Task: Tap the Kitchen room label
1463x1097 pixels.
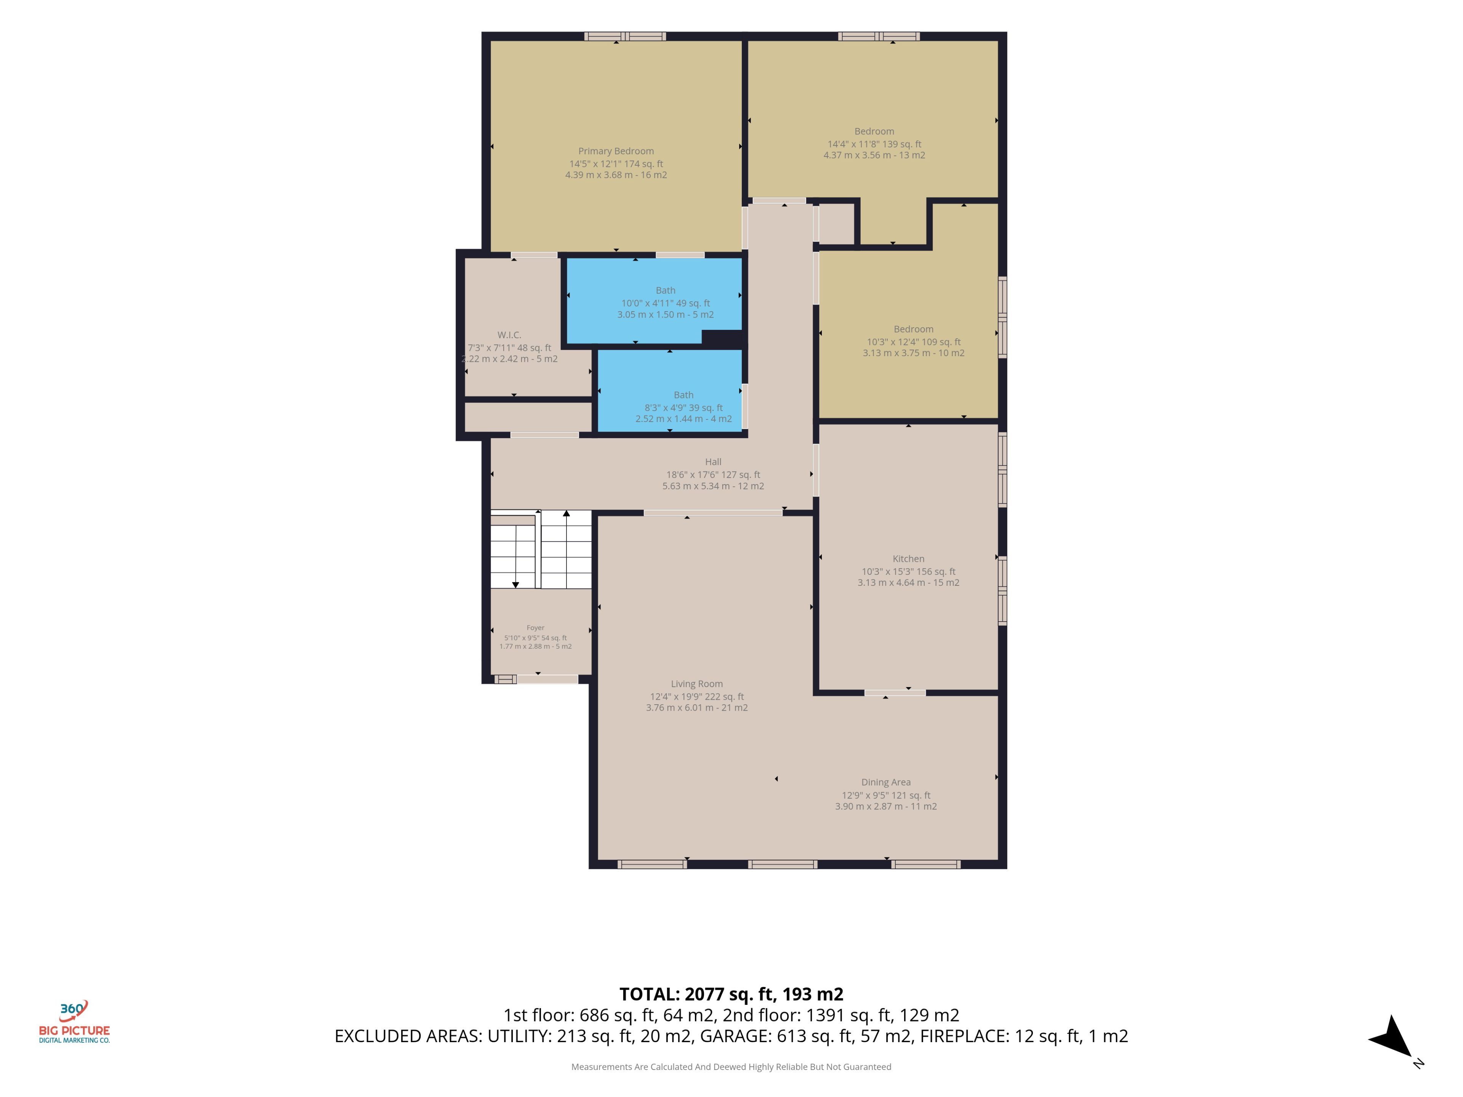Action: click(x=908, y=559)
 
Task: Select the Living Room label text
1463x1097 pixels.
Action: click(x=696, y=684)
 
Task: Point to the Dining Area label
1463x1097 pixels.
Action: click(x=885, y=782)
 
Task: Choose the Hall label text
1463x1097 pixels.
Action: click(x=713, y=462)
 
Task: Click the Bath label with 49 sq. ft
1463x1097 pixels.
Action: click(x=665, y=290)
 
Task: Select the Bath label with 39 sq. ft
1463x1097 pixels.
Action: click(x=683, y=395)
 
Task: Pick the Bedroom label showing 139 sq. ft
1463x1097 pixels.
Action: click(x=874, y=131)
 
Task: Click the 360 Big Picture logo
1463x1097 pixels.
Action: click(x=74, y=1022)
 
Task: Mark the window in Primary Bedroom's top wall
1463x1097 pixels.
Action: click(x=624, y=36)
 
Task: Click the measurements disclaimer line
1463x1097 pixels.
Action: click(x=731, y=1067)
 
